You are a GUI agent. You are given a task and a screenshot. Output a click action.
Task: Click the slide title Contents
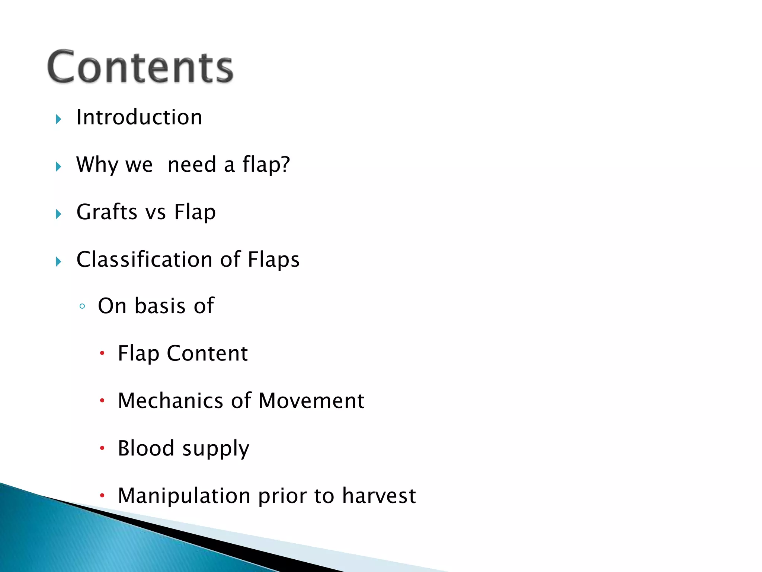(140, 67)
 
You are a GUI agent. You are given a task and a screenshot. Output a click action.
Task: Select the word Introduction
(139, 117)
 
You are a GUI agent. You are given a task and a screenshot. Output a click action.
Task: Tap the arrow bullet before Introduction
(58, 120)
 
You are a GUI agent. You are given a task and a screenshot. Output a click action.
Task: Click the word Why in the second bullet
(97, 165)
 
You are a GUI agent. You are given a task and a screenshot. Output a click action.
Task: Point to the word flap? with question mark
(266, 165)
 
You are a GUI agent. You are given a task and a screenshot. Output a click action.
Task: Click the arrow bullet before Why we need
(58, 167)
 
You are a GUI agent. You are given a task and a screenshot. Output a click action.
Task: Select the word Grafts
(107, 212)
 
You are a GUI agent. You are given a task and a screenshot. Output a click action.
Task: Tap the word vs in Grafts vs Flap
(156, 213)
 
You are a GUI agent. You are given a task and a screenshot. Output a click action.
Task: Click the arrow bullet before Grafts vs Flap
(58, 214)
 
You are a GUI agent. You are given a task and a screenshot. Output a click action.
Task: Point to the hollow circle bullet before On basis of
(83, 307)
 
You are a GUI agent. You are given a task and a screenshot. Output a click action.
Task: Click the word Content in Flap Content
(207, 353)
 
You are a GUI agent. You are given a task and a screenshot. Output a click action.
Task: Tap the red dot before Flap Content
(102, 353)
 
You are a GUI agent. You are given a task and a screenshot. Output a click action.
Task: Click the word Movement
(311, 401)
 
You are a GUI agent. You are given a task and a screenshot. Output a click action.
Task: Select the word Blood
(146, 448)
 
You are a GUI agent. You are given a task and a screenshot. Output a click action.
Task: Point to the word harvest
(379, 496)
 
